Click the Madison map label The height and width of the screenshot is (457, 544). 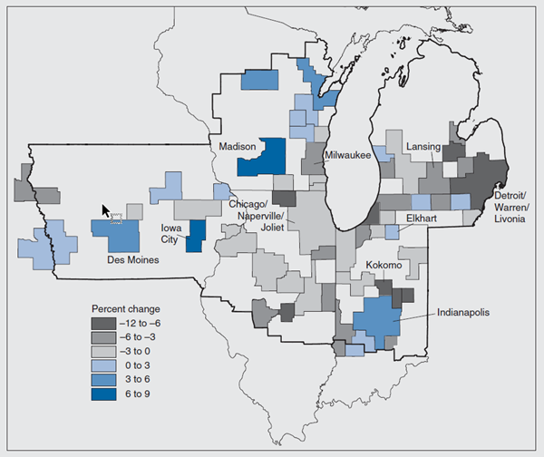235,145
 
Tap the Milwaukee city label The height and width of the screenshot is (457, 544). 350,156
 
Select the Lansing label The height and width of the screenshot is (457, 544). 423,145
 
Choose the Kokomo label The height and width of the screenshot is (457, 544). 383,266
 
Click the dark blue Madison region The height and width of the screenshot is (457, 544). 261,159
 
